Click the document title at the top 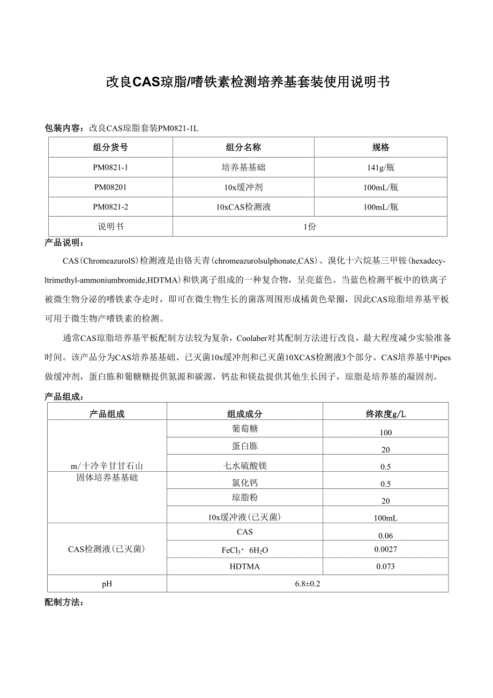[x=247, y=82]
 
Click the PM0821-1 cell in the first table [x=110, y=167]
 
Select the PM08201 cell [x=110, y=187]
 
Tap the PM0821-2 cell [x=110, y=207]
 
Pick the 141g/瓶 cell [x=380, y=167]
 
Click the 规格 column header [x=380, y=147]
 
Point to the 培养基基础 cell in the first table [x=243, y=167]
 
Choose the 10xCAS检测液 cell [x=243, y=207]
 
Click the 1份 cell [x=310, y=226]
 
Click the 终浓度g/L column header [x=385, y=414]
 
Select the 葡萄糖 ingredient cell [x=245, y=429]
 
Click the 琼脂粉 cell [x=245, y=497]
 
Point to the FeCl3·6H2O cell [x=245, y=550]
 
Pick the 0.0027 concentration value [x=385, y=549]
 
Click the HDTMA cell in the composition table [x=245, y=567]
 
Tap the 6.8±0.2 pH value [x=307, y=583]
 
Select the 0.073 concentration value [x=385, y=566]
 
